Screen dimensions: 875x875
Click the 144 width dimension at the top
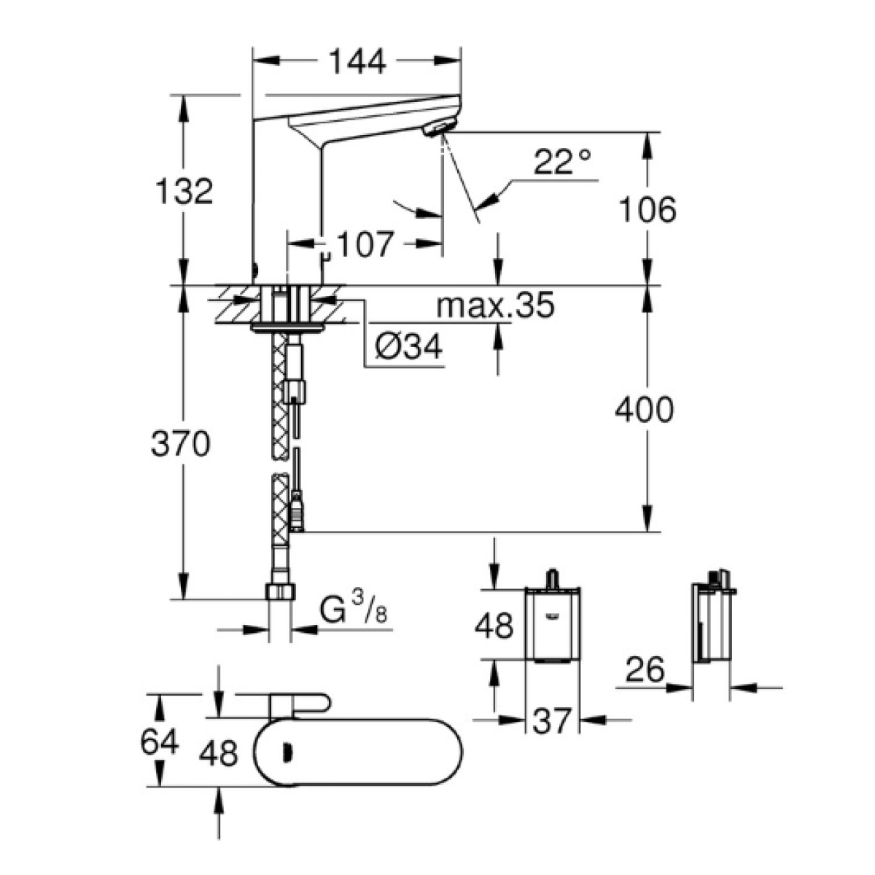(357, 61)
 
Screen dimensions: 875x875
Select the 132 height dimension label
(184, 191)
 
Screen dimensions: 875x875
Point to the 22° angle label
(562, 161)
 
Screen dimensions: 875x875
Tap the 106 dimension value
(647, 209)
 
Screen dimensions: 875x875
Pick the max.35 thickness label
(495, 305)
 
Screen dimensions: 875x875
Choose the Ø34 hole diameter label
(408, 347)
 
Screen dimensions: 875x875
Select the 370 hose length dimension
(181, 443)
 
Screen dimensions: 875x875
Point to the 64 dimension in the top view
(160, 743)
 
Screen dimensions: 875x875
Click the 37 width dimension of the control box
(551, 721)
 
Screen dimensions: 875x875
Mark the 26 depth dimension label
(645, 669)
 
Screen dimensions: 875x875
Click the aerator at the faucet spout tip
(435, 130)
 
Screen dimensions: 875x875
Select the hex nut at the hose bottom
(279, 591)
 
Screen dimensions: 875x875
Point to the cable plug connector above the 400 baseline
(297, 510)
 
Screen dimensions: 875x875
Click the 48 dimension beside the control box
(494, 625)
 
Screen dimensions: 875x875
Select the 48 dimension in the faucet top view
(219, 753)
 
